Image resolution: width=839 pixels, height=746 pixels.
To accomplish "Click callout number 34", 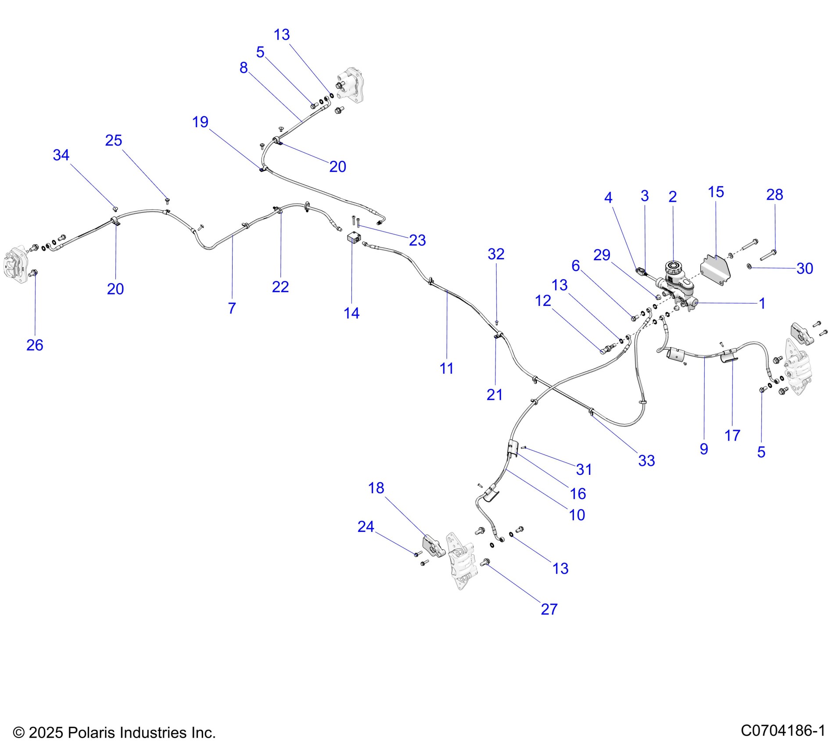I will tap(61, 155).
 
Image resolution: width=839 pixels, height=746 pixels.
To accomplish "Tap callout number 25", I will tap(113, 140).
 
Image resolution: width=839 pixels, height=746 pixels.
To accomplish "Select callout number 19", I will tap(200, 122).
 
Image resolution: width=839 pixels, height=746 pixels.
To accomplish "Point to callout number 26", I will tap(35, 345).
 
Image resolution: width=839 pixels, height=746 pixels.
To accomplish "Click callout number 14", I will tap(351, 313).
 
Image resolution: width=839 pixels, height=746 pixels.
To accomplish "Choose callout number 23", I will tap(417, 240).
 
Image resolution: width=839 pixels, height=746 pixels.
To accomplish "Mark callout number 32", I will tap(496, 254).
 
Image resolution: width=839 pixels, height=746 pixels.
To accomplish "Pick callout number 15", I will tap(716, 192).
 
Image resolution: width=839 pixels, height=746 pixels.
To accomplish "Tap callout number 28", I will tap(774, 194).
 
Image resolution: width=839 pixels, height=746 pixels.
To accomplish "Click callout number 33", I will tap(646, 460).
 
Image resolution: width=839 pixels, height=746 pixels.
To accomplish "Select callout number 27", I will tap(549, 609).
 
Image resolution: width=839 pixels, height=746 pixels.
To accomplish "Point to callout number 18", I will tap(376, 488).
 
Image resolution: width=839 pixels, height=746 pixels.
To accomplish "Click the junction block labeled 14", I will tap(353, 239).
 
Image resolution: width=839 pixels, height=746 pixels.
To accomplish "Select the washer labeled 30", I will tap(749, 266).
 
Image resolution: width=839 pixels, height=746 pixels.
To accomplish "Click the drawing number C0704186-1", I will tap(783, 731).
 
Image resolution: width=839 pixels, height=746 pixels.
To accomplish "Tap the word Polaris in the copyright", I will tap(91, 733).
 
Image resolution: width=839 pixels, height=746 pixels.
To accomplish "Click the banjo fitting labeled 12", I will tap(606, 349).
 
